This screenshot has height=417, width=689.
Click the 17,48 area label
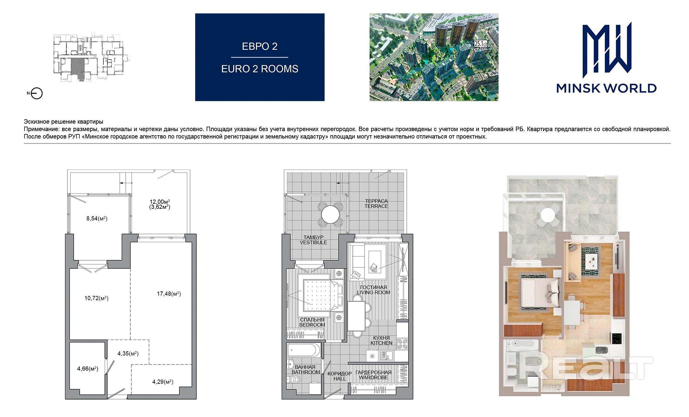coord(169,294)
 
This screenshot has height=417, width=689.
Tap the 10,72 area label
coord(96,298)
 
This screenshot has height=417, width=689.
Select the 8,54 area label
coord(97,219)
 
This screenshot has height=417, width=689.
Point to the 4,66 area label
coord(88,369)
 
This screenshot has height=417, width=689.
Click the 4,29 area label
coord(163,382)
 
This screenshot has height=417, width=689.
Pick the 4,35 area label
coord(128,354)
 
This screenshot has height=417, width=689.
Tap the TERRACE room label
coord(376,206)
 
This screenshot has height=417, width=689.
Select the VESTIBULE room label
coord(313,242)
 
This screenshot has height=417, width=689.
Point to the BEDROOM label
coord(312,325)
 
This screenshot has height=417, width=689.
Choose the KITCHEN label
coord(381,343)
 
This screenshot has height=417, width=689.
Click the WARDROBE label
coord(373,377)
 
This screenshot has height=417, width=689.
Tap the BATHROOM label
coord(306,372)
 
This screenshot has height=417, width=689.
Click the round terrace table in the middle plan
coord(330,214)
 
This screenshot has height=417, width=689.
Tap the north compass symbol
coord(37,93)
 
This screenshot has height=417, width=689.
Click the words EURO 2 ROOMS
coord(260,69)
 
